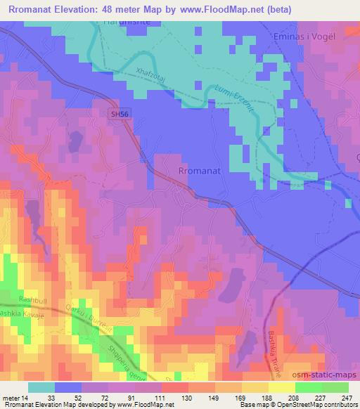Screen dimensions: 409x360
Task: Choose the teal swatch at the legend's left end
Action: click(x=41, y=387)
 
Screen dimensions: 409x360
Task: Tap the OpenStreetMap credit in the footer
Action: click(x=290, y=405)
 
